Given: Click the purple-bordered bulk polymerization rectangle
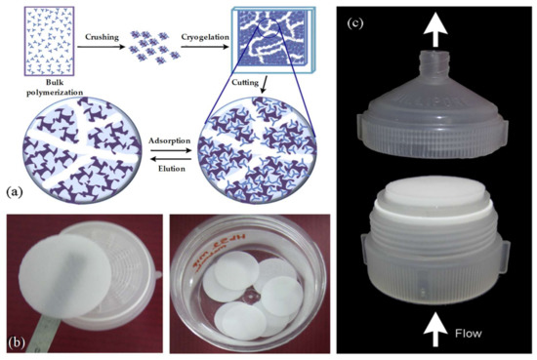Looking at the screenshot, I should pos(38,45).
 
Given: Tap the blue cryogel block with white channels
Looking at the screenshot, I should pos(275,45).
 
